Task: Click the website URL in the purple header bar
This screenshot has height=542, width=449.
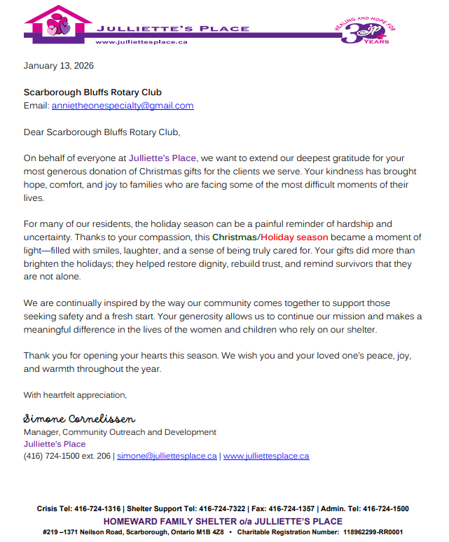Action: click(141, 42)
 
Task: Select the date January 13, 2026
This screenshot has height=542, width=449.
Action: click(58, 66)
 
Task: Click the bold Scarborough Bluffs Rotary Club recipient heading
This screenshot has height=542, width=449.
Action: click(92, 92)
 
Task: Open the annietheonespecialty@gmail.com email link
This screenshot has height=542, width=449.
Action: click(123, 106)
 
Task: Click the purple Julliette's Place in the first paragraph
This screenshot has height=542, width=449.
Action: click(163, 158)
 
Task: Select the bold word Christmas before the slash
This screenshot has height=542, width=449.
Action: click(235, 237)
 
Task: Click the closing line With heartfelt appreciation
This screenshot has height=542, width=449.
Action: click(75, 395)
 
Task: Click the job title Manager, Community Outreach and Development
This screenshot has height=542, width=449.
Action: click(120, 432)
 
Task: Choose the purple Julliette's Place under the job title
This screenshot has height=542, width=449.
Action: click(55, 444)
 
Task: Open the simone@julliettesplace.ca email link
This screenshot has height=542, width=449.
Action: click(167, 456)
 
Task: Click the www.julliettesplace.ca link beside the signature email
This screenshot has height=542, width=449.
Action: click(266, 456)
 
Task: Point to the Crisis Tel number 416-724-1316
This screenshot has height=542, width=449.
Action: click(97, 509)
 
